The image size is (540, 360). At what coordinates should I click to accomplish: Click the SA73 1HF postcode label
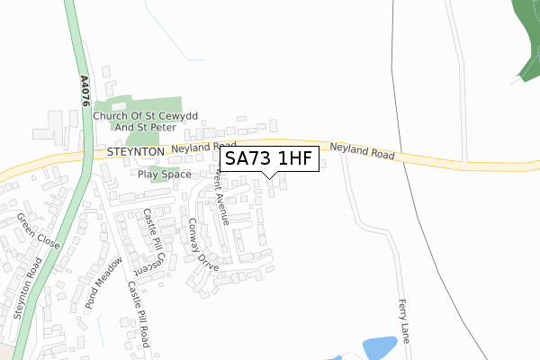(268, 160)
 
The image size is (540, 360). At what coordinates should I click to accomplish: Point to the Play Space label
(165, 174)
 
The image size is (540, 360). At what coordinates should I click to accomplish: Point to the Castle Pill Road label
(138, 313)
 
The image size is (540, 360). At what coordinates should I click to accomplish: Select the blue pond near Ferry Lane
(378, 347)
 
